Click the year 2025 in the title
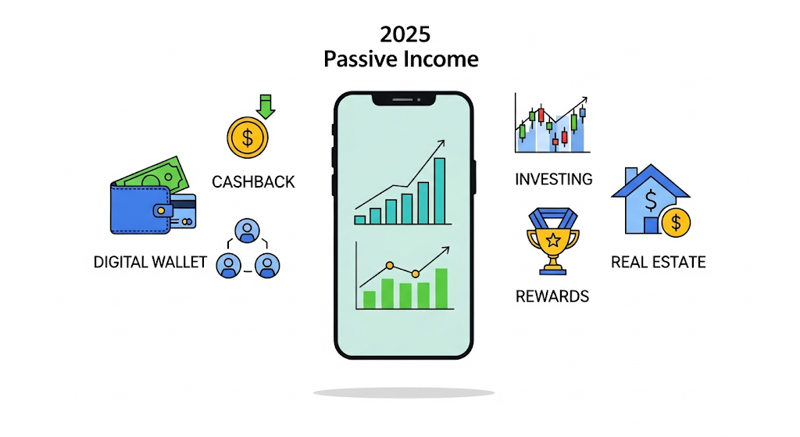(402, 34)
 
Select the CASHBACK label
(253, 182)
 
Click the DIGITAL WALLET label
(150, 261)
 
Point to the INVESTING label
(553, 179)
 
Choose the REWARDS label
(552, 296)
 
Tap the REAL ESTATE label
(658, 261)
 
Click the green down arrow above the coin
(266, 106)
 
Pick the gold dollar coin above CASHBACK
(247, 139)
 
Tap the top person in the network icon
(248, 231)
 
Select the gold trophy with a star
(552, 241)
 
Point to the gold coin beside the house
(675, 224)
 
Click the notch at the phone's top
(403, 99)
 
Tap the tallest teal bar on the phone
(439, 191)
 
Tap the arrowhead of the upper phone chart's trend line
(441, 143)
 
